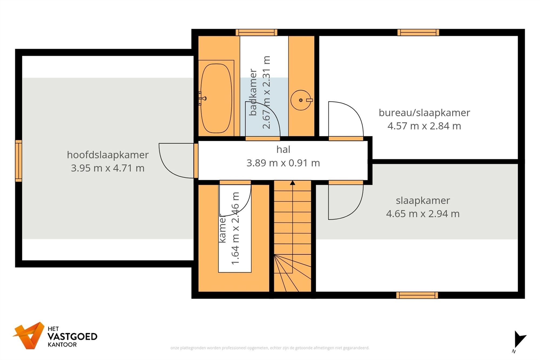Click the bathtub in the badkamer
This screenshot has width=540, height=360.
pyautogui.click(x=216, y=98)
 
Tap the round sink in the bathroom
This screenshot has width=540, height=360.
pyautogui.click(x=301, y=100)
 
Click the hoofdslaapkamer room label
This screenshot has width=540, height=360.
pyautogui.click(x=108, y=155)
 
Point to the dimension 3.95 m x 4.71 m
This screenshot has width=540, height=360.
pyautogui.click(x=107, y=168)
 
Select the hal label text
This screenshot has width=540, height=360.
pyautogui.click(x=283, y=149)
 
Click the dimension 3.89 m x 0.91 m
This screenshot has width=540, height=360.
pyautogui.click(x=283, y=163)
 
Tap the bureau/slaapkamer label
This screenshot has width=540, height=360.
pyautogui.click(x=424, y=113)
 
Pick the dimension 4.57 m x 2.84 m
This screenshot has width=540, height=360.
pyautogui.click(x=424, y=126)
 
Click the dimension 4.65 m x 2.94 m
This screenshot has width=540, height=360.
pyautogui.click(x=423, y=214)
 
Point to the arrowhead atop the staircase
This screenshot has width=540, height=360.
pyautogui.click(x=292, y=183)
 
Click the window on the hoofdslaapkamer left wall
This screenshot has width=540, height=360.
pyautogui.click(x=18, y=161)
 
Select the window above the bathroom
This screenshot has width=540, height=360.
pyautogui.click(x=256, y=32)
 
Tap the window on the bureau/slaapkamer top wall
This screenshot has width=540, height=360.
pyautogui.click(x=418, y=32)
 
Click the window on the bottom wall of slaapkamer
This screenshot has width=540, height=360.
pyautogui.click(x=417, y=295)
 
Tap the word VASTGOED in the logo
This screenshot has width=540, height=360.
pyautogui.click(x=72, y=337)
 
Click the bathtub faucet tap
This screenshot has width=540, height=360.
pyautogui.click(x=202, y=98)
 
